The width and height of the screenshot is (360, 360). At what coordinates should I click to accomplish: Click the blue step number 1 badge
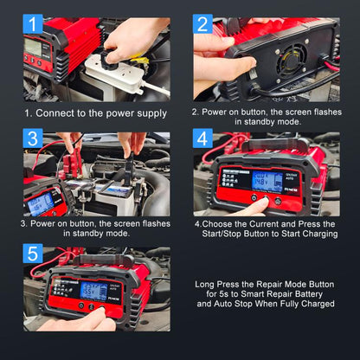33,24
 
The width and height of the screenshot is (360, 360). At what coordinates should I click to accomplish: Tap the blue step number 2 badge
202,23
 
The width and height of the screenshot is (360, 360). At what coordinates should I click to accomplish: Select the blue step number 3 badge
33,139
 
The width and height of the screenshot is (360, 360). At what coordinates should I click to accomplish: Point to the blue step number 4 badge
202,139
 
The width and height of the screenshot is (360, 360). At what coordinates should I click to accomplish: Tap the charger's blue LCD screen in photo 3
41,203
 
